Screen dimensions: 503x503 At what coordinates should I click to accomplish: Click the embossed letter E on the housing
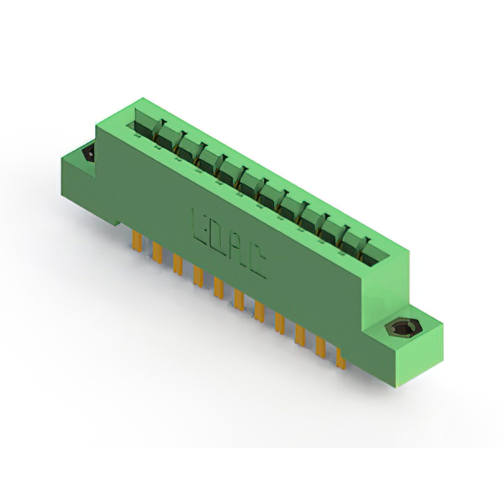(x=200, y=226)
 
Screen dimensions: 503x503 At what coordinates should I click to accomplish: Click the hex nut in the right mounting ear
(x=400, y=328)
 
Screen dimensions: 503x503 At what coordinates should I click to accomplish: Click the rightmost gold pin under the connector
(x=340, y=358)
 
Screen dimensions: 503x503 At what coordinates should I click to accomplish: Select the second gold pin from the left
(x=157, y=252)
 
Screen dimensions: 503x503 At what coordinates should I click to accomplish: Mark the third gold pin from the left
(x=178, y=264)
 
